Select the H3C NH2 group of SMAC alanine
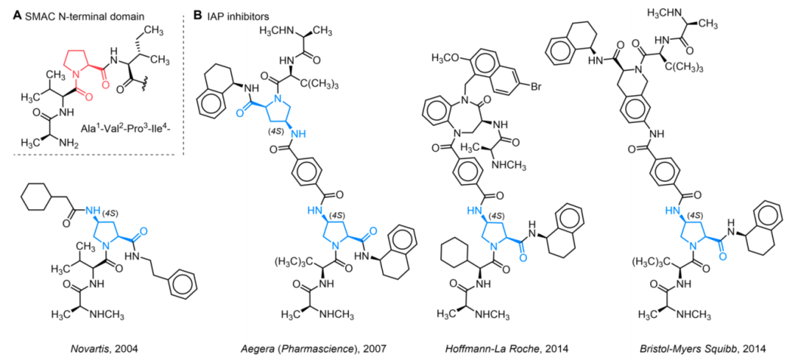click(44, 143)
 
